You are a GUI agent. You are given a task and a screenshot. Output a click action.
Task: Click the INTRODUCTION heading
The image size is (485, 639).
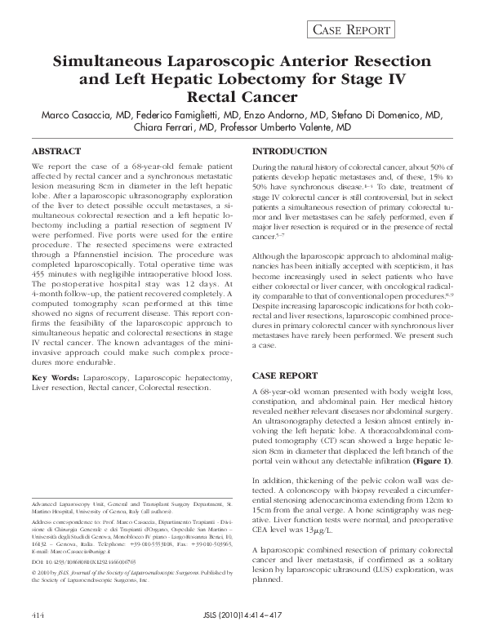(x=289, y=153)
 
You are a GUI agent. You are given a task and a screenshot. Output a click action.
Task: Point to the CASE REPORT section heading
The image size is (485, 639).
(x=286, y=375)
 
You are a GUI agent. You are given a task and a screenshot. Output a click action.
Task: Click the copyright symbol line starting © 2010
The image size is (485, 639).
(x=122, y=575)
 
